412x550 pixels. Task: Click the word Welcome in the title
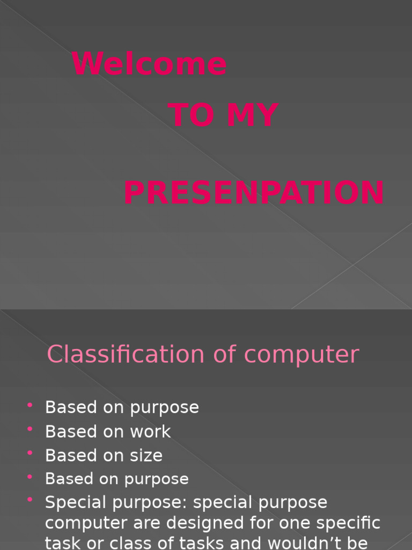click(150, 64)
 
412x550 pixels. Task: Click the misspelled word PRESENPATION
click(254, 193)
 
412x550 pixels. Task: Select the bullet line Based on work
click(108, 431)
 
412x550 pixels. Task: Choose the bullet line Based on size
click(104, 455)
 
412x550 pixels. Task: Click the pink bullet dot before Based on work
click(30, 429)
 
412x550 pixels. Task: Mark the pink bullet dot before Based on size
click(30, 453)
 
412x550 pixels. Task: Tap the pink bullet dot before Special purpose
click(30, 500)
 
